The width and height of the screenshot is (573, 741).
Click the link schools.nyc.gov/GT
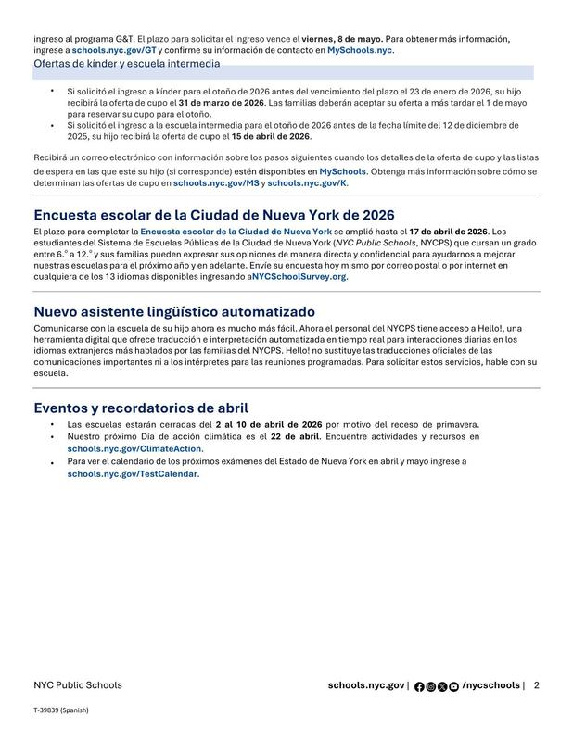pyautogui.click(x=114, y=50)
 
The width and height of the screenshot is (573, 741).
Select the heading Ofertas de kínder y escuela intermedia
pyautogui.click(x=127, y=65)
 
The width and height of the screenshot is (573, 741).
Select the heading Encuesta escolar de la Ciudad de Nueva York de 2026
pyautogui.click(x=201, y=215)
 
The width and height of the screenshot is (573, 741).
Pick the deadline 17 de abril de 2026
pyautogui.click(x=448, y=231)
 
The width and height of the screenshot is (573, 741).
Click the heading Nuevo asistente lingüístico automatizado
pyautogui.click(x=174, y=311)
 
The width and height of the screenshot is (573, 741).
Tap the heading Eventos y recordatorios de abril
pyautogui.click(x=141, y=408)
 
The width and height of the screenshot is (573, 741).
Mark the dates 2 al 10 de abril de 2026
pyautogui.click(x=268, y=424)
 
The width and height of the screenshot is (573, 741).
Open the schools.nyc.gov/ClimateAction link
pyautogui.click(x=134, y=448)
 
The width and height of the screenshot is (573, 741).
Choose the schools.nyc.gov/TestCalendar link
pyautogui.click(x=133, y=473)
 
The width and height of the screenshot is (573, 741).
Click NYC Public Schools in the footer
pyautogui.click(x=77, y=685)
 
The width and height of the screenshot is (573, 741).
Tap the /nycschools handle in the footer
pyautogui.click(x=490, y=685)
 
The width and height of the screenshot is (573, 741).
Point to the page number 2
pyautogui.click(x=537, y=685)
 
